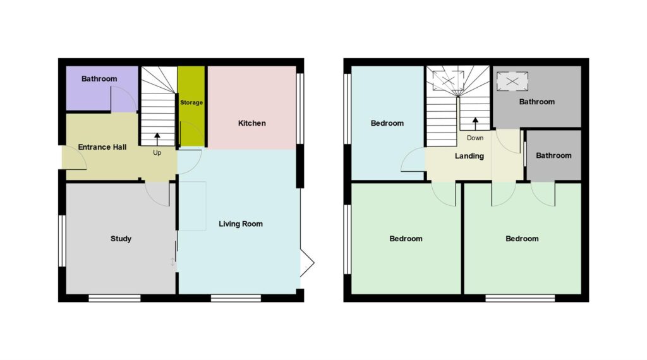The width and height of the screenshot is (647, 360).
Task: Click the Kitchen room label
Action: tap(251, 123)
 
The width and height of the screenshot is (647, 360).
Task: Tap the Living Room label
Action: tap(241, 224)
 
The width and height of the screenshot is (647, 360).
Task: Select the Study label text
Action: tap(121, 239)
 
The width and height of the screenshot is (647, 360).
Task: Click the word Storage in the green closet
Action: tap(191, 102)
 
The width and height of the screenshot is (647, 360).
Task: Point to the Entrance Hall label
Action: tap(102, 147)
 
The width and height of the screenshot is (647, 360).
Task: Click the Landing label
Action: tap(469, 156)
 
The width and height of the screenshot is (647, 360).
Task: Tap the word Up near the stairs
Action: tap(157, 153)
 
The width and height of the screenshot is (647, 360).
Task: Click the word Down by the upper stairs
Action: tap(475, 138)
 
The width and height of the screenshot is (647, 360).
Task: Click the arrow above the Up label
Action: tap(157, 139)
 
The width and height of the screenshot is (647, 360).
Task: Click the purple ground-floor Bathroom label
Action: tap(99, 79)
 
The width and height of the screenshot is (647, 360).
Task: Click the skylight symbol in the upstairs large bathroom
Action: tap(512, 81)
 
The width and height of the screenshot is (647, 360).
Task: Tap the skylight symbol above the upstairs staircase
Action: tap(448, 80)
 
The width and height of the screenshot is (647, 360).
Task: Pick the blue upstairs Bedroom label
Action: tap(387, 123)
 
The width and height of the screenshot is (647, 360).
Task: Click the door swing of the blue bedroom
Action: tap(413, 160)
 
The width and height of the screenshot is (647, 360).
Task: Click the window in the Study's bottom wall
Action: tap(115, 298)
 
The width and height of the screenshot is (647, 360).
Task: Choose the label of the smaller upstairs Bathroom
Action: tap(553, 155)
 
